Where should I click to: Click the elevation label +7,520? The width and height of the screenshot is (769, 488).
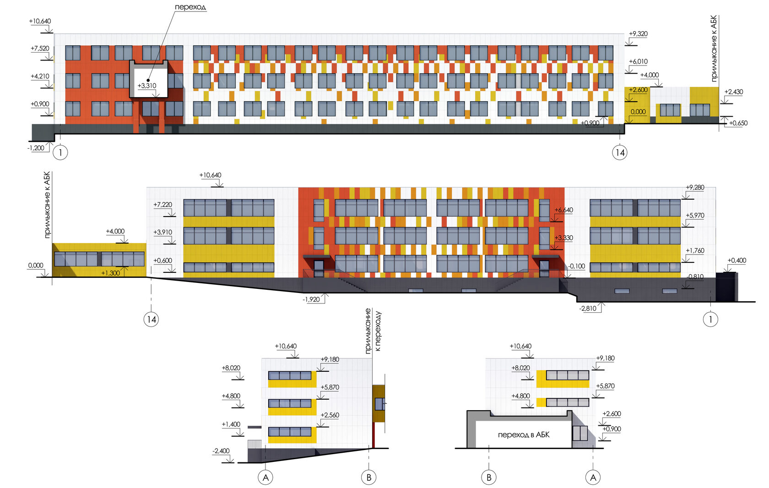[40, 48]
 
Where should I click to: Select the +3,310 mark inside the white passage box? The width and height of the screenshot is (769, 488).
[147, 86]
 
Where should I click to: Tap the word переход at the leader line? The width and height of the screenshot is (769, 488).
[190, 7]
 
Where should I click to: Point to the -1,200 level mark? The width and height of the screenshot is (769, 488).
[36, 148]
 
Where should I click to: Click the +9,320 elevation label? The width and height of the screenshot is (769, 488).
[638, 34]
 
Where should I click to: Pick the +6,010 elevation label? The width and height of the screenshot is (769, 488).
[638, 61]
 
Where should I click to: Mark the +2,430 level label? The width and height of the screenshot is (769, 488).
[733, 92]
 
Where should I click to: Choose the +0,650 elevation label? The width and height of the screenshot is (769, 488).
[738, 123]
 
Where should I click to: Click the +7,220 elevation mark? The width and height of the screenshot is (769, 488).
[163, 205]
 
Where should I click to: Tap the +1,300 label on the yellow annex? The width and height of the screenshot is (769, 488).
[111, 273]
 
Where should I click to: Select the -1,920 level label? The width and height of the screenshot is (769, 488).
[311, 299]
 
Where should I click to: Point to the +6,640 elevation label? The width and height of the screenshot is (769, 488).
[563, 210]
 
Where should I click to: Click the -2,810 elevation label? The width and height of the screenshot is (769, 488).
[588, 309]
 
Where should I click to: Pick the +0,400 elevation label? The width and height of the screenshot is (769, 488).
[737, 260]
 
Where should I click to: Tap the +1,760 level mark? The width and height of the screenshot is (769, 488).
[695, 250]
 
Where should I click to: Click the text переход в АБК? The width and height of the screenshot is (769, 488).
[523, 434]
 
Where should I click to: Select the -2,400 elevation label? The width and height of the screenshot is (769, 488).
[221, 451]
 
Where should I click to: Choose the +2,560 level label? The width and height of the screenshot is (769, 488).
[330, 415]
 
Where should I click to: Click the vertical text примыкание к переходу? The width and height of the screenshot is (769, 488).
[373, 331]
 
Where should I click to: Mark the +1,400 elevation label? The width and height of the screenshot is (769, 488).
[231, 424]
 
